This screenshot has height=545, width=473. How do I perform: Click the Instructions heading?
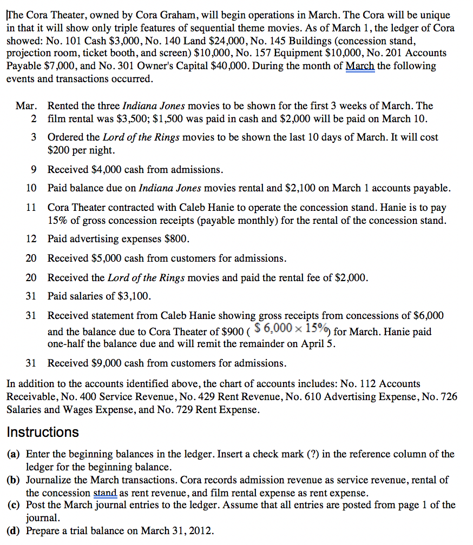pyautogui.click(x=43, y=433)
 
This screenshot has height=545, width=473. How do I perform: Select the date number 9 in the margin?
pyautogui.click(x=34, y=170)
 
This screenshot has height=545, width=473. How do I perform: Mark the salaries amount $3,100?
pyautogui.click(x=136, y=296)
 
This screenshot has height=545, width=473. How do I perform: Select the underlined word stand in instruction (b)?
pyautogui.click(x=105, y=493)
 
